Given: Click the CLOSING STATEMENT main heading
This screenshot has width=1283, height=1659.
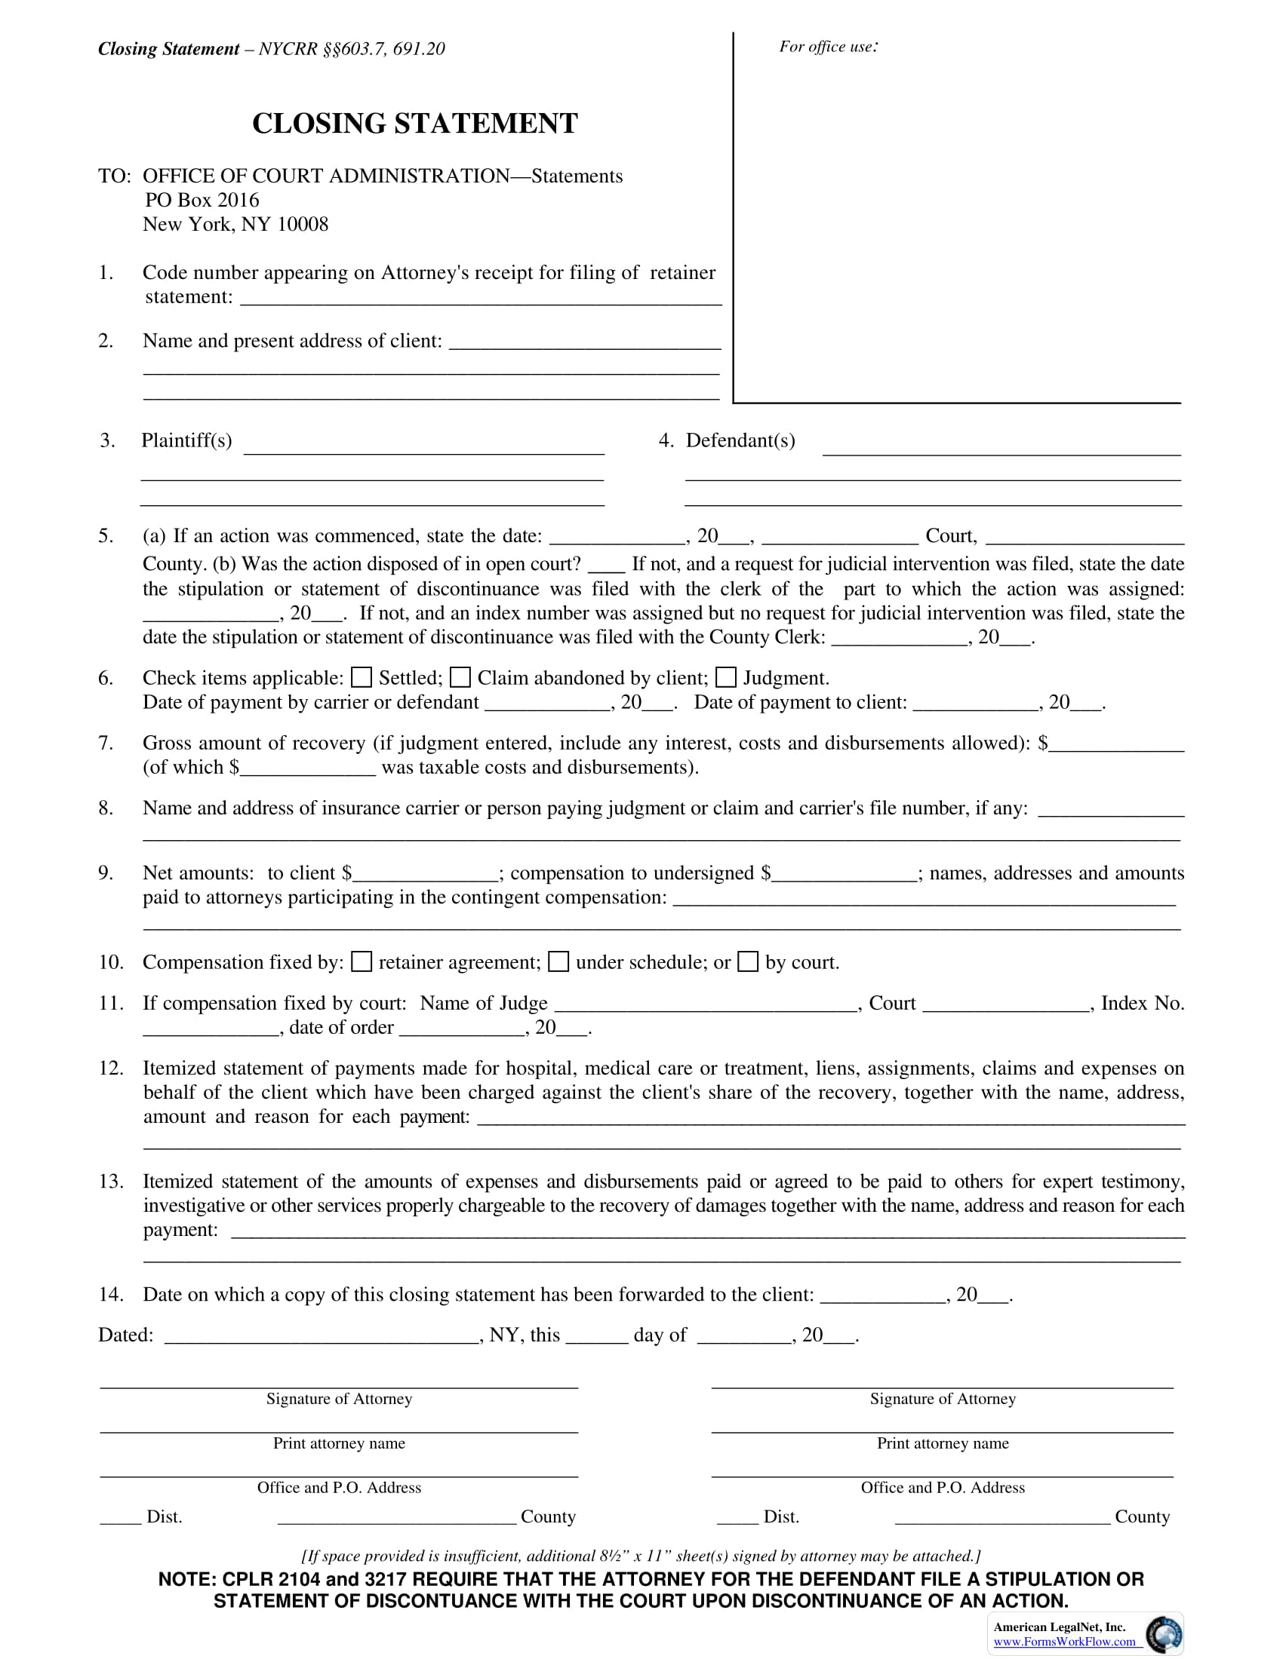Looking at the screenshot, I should [x=415, y=124].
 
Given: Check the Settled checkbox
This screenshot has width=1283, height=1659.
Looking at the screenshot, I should [x=362, y=677].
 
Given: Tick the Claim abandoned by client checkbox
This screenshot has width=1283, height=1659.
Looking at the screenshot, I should [x=460, y=677].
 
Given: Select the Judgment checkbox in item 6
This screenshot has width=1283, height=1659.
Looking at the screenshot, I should [x=727, y=677].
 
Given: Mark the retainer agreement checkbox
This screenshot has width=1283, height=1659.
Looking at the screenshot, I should [x=362, y=961].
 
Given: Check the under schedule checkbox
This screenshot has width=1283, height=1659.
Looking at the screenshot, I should [x=558, y=961].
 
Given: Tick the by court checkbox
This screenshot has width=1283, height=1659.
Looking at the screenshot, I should [x=749, y=961].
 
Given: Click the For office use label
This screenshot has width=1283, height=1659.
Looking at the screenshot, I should [x=828, y=47].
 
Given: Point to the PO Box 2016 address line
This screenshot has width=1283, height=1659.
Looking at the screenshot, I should [x=202, y=200].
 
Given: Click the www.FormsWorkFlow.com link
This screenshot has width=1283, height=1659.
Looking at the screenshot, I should [x=1064, y=1642].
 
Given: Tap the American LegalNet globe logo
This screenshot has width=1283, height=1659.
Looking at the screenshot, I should [x=1163, y=1635].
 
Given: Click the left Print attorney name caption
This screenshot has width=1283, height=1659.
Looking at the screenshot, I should [x=339, y=1443].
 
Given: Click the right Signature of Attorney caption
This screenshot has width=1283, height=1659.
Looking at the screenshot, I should [x=943, y=1398].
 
